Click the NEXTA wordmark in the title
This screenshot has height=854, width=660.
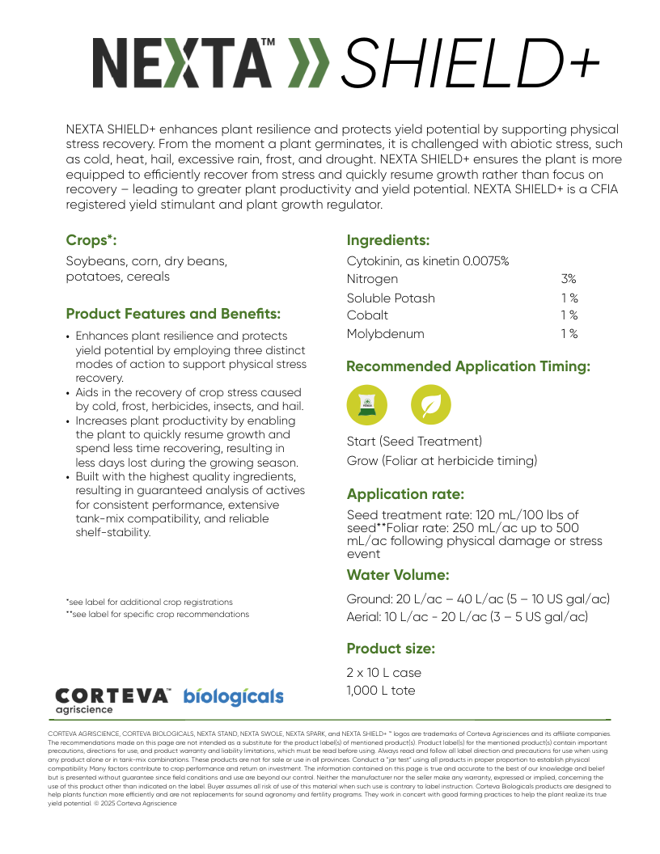182,63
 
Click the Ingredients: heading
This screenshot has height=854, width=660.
387,240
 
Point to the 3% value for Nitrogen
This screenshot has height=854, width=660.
569,279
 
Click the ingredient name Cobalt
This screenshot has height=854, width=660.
367,315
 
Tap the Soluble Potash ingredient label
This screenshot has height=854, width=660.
391,298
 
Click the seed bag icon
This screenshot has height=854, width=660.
366,405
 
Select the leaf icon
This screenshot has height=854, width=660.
431,405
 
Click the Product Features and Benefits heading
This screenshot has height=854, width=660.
173,314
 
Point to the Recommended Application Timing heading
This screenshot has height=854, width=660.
468,366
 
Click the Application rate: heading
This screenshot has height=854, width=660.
405,494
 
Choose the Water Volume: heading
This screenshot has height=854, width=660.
398,575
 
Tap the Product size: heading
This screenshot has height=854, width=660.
391,649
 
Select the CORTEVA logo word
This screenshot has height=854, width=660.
112,695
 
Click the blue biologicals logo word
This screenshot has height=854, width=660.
233,696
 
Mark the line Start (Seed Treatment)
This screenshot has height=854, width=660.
414,442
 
